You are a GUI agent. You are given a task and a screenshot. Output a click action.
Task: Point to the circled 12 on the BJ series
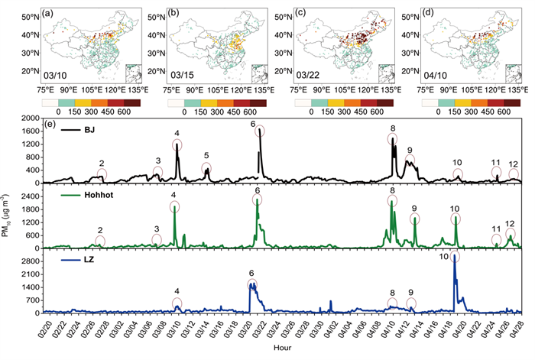pos(514,164)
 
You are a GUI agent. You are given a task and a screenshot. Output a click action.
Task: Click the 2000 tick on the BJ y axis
pos(27,118)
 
